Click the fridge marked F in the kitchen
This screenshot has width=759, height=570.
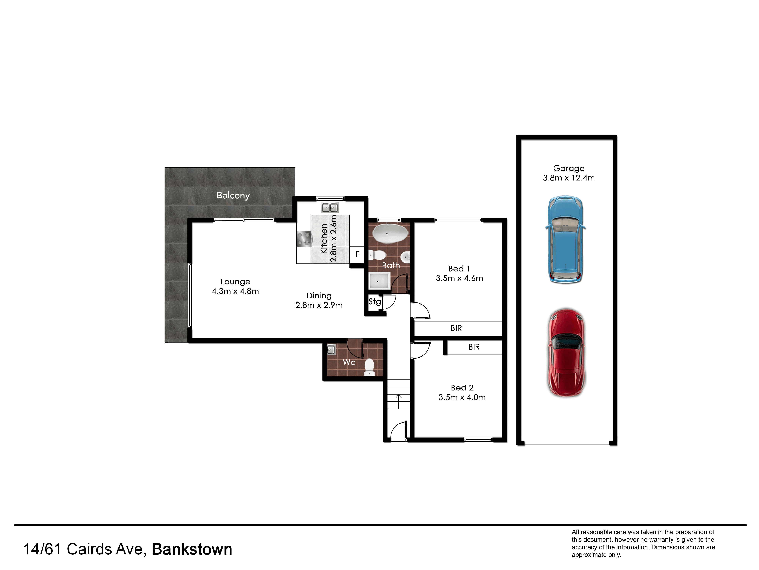(357, 255)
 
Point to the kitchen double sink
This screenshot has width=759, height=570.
(330, 207)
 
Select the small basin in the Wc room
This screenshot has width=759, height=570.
(331, 349)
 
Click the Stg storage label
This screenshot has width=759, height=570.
(375, 302)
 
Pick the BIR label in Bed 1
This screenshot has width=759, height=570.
(456, 328)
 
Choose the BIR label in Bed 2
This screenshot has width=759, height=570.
(474, 347)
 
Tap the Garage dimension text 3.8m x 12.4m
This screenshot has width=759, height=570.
(568, 178)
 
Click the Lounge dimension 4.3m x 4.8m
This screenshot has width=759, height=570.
(235, 291)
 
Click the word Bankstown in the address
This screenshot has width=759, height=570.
(192, 549)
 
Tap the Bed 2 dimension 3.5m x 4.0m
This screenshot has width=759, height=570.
(462, 397)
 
